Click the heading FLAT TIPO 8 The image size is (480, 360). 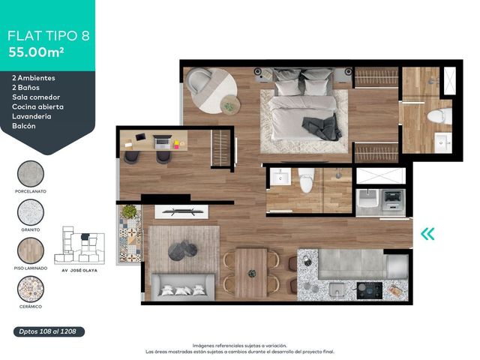[x=48, y=36]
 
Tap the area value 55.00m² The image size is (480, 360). [x=36, y=52]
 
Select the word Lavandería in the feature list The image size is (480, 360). [x=31, y=116]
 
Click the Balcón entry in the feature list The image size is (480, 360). [x=24, y=126]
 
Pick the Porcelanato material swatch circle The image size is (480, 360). [x=31, y=173]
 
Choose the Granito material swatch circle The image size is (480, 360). [x=31, y=212]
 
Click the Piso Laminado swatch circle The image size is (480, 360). [x=31, y=250]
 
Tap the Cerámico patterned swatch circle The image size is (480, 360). [x=31, y=289]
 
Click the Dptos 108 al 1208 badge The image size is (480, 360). [x=49, y=331]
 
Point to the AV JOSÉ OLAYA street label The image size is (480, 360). [x=79, y=271]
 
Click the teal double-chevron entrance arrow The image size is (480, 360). [x=427, y=234]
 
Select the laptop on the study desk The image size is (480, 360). [x=162, y=142]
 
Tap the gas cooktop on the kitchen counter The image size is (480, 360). [x=370, y=290]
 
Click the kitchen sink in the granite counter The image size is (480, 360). [x=337, y=289]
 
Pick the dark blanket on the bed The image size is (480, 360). [x=322, y=128]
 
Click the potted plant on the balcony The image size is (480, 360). [x=129, y=211]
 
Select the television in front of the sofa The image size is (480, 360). [x=181, y=211]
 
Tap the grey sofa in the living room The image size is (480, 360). [x=182, y=287]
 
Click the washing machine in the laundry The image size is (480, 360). [x=392, y=199]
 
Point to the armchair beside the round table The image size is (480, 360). [x=198, y=81]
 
